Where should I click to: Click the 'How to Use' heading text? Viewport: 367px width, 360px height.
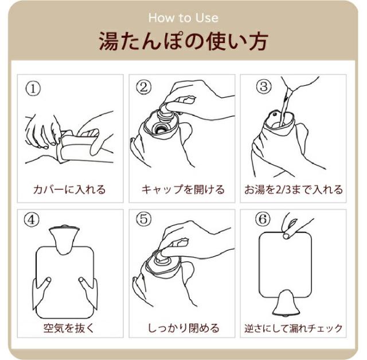point(183,18)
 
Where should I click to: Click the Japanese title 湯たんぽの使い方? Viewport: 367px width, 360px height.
point(183,42)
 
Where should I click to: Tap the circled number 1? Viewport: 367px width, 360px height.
point(33,89)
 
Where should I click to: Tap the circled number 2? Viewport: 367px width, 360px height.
point(144,87)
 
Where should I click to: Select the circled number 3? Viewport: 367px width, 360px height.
point(264,86)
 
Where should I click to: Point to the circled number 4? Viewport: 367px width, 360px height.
point(32,220)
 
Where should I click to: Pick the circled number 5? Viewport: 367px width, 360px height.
point(144,219)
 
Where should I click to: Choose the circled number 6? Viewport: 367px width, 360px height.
point(263,219)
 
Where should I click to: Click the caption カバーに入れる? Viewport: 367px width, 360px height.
point(69,189)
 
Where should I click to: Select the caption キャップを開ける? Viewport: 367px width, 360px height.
point(183,189)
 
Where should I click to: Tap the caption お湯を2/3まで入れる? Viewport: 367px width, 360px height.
point(293,189)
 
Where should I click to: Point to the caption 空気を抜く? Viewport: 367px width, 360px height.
point(69,328)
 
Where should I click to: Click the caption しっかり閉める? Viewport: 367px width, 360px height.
point(183,328)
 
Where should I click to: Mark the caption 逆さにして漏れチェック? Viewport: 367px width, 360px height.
point(293,328)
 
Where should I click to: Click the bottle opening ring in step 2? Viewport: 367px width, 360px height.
point(160,129)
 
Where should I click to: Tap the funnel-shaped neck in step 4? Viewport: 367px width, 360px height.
point(63,239)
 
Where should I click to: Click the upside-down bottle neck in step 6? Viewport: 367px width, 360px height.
point(286,303)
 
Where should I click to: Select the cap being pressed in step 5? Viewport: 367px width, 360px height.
point(162,260)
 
